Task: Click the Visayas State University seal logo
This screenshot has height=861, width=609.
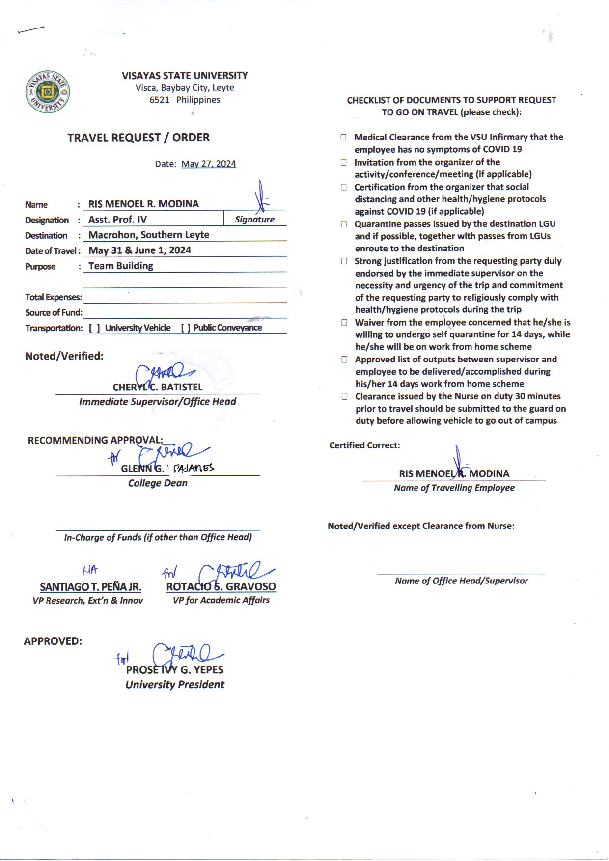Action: pos(47,92)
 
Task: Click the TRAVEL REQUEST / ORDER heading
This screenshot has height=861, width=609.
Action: pos(138,138)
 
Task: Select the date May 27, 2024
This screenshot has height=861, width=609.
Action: pos(208,164)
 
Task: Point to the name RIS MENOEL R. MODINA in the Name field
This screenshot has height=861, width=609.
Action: pos(143,204)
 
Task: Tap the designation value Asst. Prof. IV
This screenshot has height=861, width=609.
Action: pos(117,220)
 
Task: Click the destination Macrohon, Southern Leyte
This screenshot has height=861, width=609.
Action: pos(148,235)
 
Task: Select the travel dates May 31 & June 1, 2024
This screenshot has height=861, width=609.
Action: pos(139,250)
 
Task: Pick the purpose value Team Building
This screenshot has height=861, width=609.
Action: pos(121,266)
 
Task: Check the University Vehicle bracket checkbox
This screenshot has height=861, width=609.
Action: pos(95,328)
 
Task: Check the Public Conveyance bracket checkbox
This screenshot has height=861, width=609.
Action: pos(186,328)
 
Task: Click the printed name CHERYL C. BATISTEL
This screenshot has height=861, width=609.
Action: pos(157,387)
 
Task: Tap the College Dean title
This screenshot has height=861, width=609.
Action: pos(158,483)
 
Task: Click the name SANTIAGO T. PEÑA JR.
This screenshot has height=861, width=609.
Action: pos(90,587)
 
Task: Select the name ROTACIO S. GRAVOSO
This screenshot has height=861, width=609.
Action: pos(221,586)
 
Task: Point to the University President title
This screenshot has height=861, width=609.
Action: pos(175,684)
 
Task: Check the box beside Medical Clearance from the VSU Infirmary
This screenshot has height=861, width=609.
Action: pos(344,138)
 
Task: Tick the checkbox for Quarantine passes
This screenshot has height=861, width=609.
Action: pos(344,224)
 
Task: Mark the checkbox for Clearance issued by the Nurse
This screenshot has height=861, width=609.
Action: pos(345,396)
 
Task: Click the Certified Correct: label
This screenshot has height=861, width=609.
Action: pos(364,445)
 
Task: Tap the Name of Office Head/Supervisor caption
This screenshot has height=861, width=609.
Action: pos(461,581)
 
